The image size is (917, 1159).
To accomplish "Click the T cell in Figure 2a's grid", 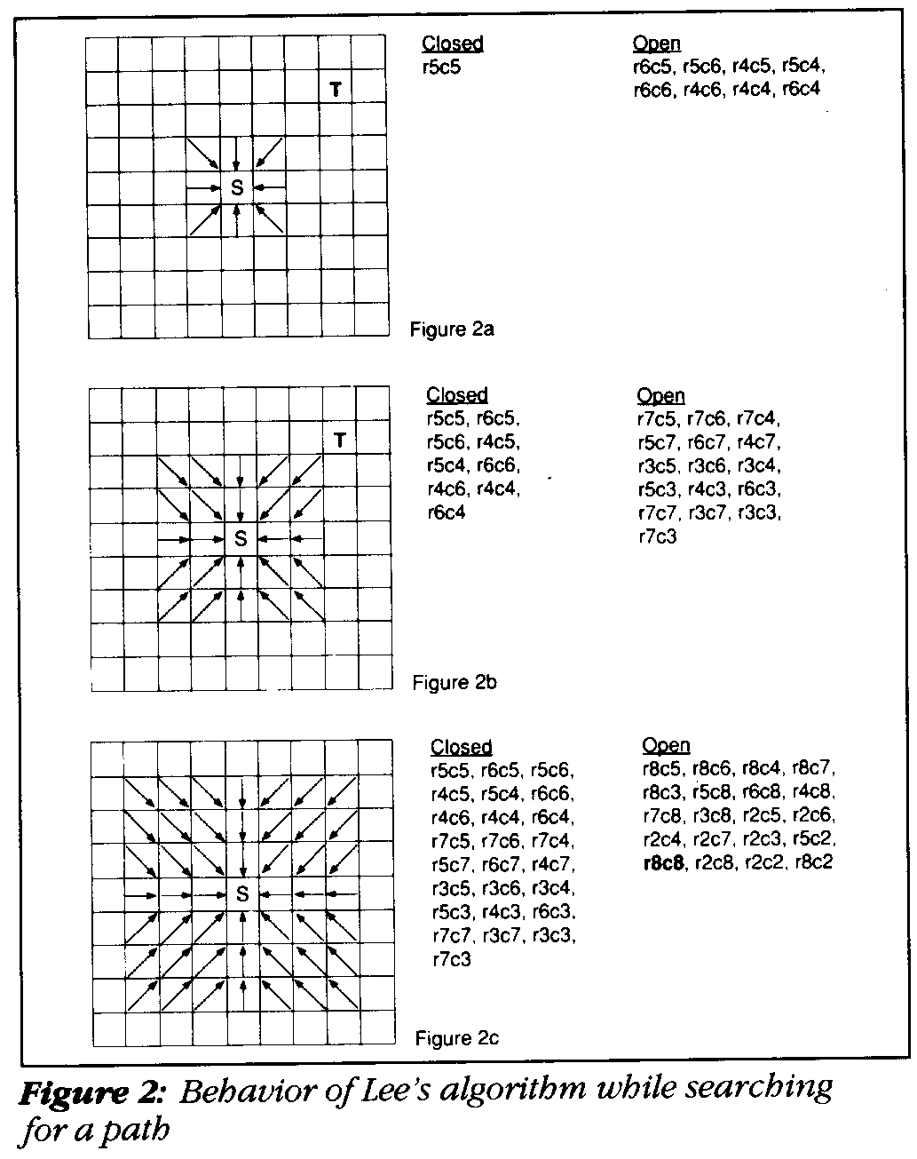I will pyautogui.click(x=336, y=89).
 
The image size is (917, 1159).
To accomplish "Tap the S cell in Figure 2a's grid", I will pyautogui.click(x=237, y=187).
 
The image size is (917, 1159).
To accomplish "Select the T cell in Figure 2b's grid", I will pyautogui.click(x=339, y=440).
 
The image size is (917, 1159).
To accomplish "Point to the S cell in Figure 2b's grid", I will pyautogui.click(x=240, y=538).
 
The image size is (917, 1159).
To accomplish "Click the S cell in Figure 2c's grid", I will pyautogui.click(x=242, y=894).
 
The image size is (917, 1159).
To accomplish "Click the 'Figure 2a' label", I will pyautogui.click(x=452, y=329).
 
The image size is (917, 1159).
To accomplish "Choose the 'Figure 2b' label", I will pyautogui.click(x=455, y=682).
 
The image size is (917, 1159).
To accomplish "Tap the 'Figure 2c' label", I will pyautogui.click(x=458, y=1038).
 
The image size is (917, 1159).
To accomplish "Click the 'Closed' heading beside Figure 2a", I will pyautogui.click(x=453, y=43).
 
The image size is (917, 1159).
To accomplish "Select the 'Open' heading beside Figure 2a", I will pyautogui.click(x=657, y=43).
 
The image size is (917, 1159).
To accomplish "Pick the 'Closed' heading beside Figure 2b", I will pyautogui.click(x=457, y=394).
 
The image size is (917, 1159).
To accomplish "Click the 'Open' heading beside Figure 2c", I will pyautogui.click(x=666, y=745).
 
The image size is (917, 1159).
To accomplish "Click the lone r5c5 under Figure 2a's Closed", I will pyautogui.click(x=441, y=66).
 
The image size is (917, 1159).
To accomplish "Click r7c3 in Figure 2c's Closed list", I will pyautogui.click(x=451, y=959).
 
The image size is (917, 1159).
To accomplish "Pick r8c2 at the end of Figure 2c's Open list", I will pyautogui.click(x=814, y=861).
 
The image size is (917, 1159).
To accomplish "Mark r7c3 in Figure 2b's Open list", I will pyautogui.click(x=658, y=536).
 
